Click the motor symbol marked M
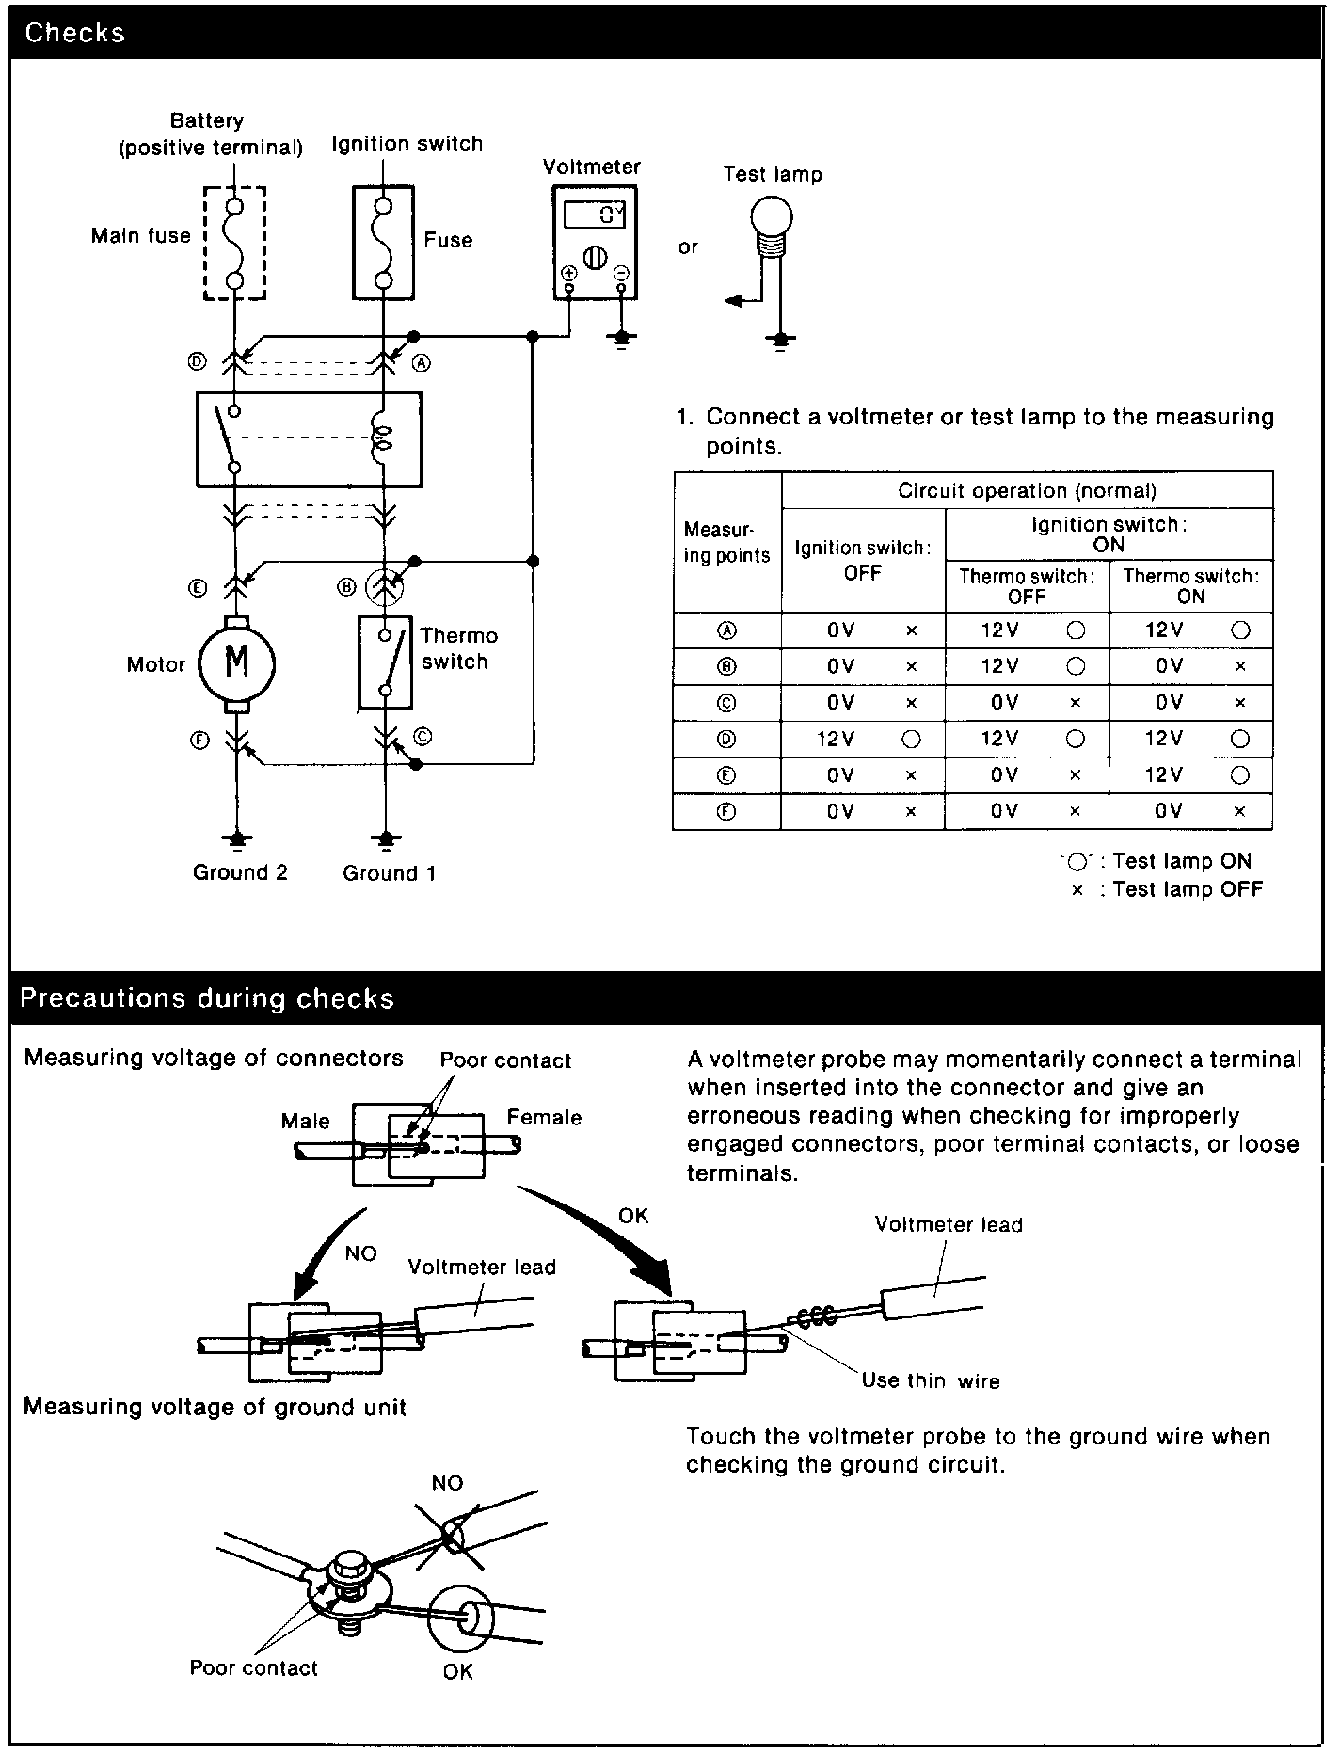point(236,662)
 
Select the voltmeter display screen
point(595,215)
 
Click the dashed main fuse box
point(235,243)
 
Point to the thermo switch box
point(385,662)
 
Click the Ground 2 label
point(240,872)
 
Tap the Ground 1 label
point(389,873)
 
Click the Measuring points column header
point(726,543)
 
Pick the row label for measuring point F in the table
point(726,812)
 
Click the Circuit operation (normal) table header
point(1027,490)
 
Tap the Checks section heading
point(74,33)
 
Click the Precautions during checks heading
point(207,997)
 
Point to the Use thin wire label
point(930,1380)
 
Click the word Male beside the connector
point(305,1121)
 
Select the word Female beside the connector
point(544,1117)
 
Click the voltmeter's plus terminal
point(569,273)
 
